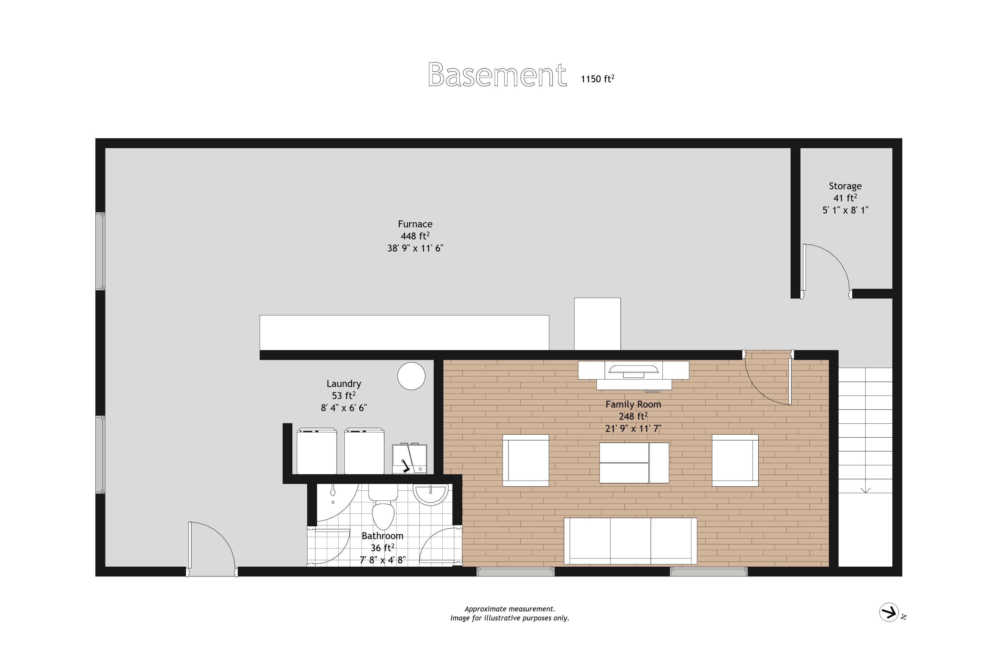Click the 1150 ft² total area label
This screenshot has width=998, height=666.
click(x=598, y=79)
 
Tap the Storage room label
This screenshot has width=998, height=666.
click(x=845, y=186)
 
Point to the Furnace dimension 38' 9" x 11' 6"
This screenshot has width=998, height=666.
click(x=415, y=248)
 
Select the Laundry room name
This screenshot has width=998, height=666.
click(x=344, y=383)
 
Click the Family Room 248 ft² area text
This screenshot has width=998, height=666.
click(x=633, y=416)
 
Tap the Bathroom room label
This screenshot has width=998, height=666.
click(x=382, y=536)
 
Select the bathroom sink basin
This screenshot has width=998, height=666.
click(x=431, y=494)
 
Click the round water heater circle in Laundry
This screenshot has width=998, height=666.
click(x=411, y=376)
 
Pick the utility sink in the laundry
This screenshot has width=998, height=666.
click(x=410, y=459)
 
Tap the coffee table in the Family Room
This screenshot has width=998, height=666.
click(x=634, y=463)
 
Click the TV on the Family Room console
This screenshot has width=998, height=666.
click(x=634, y=371)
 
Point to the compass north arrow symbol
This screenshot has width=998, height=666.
click(x=889, y=612)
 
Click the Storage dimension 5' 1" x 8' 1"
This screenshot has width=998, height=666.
click(x=845, y=210)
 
